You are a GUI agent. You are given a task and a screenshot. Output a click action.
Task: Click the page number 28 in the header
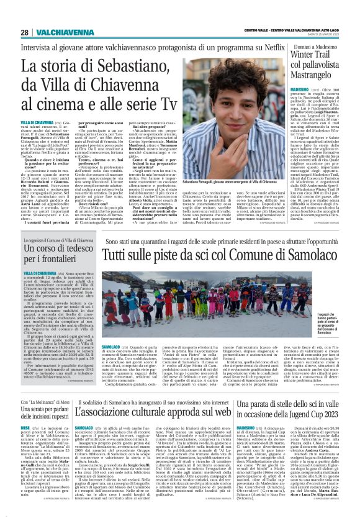click(24, 32)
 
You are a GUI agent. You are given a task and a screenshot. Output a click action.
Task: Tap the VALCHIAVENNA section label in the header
click(55, 32)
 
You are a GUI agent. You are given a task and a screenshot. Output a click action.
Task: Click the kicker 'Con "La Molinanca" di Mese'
click(43, 403)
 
